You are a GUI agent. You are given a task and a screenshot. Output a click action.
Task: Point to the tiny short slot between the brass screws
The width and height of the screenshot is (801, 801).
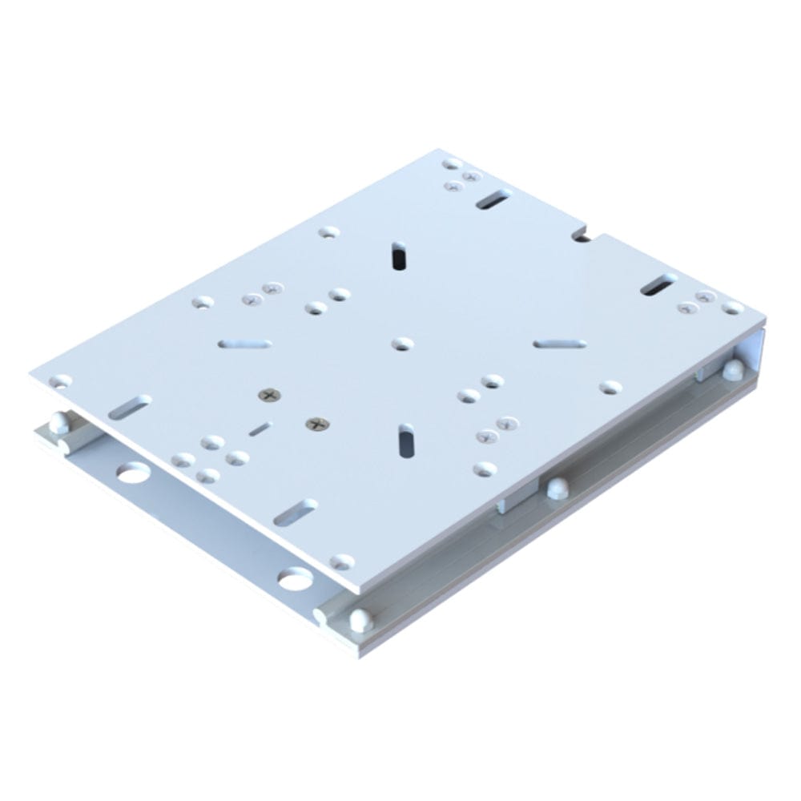pyautogui.click(x=260, y=430)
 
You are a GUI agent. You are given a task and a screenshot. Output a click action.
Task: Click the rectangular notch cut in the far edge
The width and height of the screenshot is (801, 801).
pyautogui.click(x=582, y=235)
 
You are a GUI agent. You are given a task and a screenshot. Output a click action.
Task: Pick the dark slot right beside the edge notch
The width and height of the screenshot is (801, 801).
pyautogui.click(x=494, y=199)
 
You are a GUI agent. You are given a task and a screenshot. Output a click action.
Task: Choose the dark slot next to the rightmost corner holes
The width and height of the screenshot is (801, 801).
pyautogui.click(x=658, y=284)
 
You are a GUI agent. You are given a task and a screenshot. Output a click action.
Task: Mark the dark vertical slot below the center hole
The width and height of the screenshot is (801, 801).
pyautogui.click(x=405, y=440)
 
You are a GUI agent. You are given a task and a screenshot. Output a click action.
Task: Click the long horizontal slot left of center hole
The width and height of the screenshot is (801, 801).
pyautogui.click(x=244, y=344)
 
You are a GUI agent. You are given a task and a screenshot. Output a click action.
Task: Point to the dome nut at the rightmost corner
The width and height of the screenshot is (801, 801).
pyautogui.click(x=731, y=369)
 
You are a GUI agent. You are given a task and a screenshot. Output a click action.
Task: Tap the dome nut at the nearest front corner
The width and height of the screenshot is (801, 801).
pyautogui.click(x=360, y=619)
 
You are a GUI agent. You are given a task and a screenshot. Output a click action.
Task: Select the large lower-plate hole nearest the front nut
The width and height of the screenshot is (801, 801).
pyautogui.click(x=295, y=578)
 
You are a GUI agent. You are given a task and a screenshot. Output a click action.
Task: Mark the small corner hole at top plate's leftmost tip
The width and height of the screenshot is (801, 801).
pyautogui.click(x=59, y=382)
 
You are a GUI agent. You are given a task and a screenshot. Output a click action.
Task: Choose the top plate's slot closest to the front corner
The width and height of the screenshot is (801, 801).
pyautogui.click(x=296, y=512)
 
